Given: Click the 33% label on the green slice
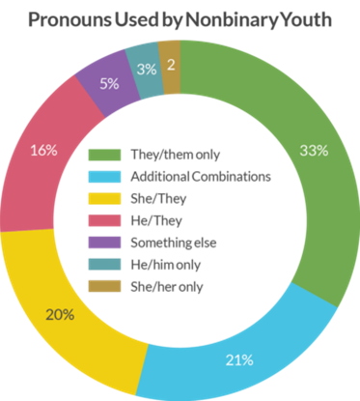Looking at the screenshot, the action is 314,151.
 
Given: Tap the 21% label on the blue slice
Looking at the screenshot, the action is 239,360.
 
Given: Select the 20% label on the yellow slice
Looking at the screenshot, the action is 60,314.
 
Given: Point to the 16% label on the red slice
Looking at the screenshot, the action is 43,150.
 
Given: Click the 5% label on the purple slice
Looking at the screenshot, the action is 109,84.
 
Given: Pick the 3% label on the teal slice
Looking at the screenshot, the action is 147,70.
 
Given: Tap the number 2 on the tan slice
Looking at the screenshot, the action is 171,65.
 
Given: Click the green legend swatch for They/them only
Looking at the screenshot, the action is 105,155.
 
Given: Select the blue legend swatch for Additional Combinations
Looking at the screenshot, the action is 105,177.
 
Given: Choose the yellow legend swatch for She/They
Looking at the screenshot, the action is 105,199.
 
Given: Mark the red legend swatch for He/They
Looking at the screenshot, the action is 105,220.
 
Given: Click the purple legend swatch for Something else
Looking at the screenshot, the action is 105,243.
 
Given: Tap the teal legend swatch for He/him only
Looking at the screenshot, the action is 105,265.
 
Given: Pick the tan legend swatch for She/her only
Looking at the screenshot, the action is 105,286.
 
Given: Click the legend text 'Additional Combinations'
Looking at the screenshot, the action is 201,177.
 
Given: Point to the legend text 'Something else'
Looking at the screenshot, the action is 174,243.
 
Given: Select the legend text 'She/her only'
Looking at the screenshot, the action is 167,287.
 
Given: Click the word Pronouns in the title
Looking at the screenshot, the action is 69,19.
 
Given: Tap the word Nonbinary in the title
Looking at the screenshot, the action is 232,20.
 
